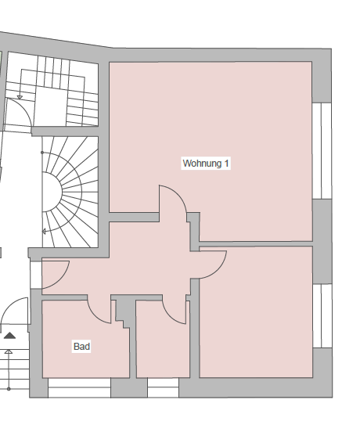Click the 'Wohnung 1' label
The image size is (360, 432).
206,164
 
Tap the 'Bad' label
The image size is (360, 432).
81,346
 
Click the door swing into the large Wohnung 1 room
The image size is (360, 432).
173,204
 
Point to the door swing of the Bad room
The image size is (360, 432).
100,310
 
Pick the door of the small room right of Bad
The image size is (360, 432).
176,311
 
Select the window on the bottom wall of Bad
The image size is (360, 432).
78,387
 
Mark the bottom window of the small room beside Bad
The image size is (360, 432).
163,387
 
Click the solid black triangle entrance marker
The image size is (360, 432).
9,335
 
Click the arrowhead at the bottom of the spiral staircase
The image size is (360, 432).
45,231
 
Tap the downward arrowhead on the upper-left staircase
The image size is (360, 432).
21,98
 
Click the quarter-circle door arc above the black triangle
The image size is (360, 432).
14,313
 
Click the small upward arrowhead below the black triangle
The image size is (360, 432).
9,352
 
